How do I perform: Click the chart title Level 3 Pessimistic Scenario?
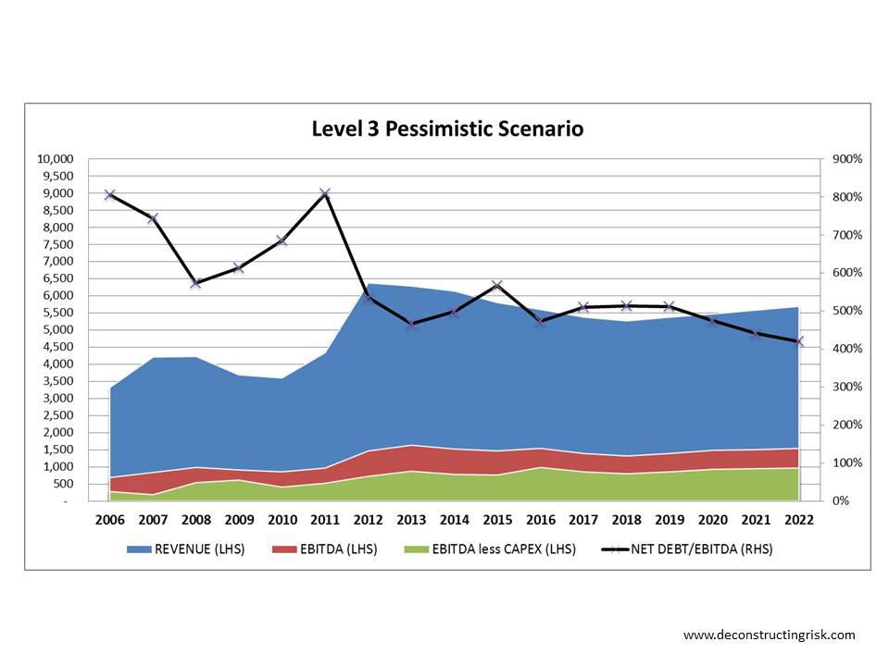[x=447, y=129]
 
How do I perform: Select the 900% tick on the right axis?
[x=847, y=159]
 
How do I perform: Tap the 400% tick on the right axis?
[x=847, y=349]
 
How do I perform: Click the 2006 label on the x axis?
[x=110, y=520]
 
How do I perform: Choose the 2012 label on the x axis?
[x=369, y=520]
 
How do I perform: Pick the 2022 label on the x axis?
[x=798, y=520]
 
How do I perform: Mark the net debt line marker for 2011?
[x=325, y=194]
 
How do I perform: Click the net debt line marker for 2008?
[x=196, y=283]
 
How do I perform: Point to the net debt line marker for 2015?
[x=497, y=285]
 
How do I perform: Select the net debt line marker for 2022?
[x=798, y=341]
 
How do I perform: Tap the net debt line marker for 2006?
[x=110, y=195]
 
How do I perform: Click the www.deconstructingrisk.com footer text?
[x=769, y=635]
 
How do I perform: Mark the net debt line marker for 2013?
[x=411, y=324]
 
